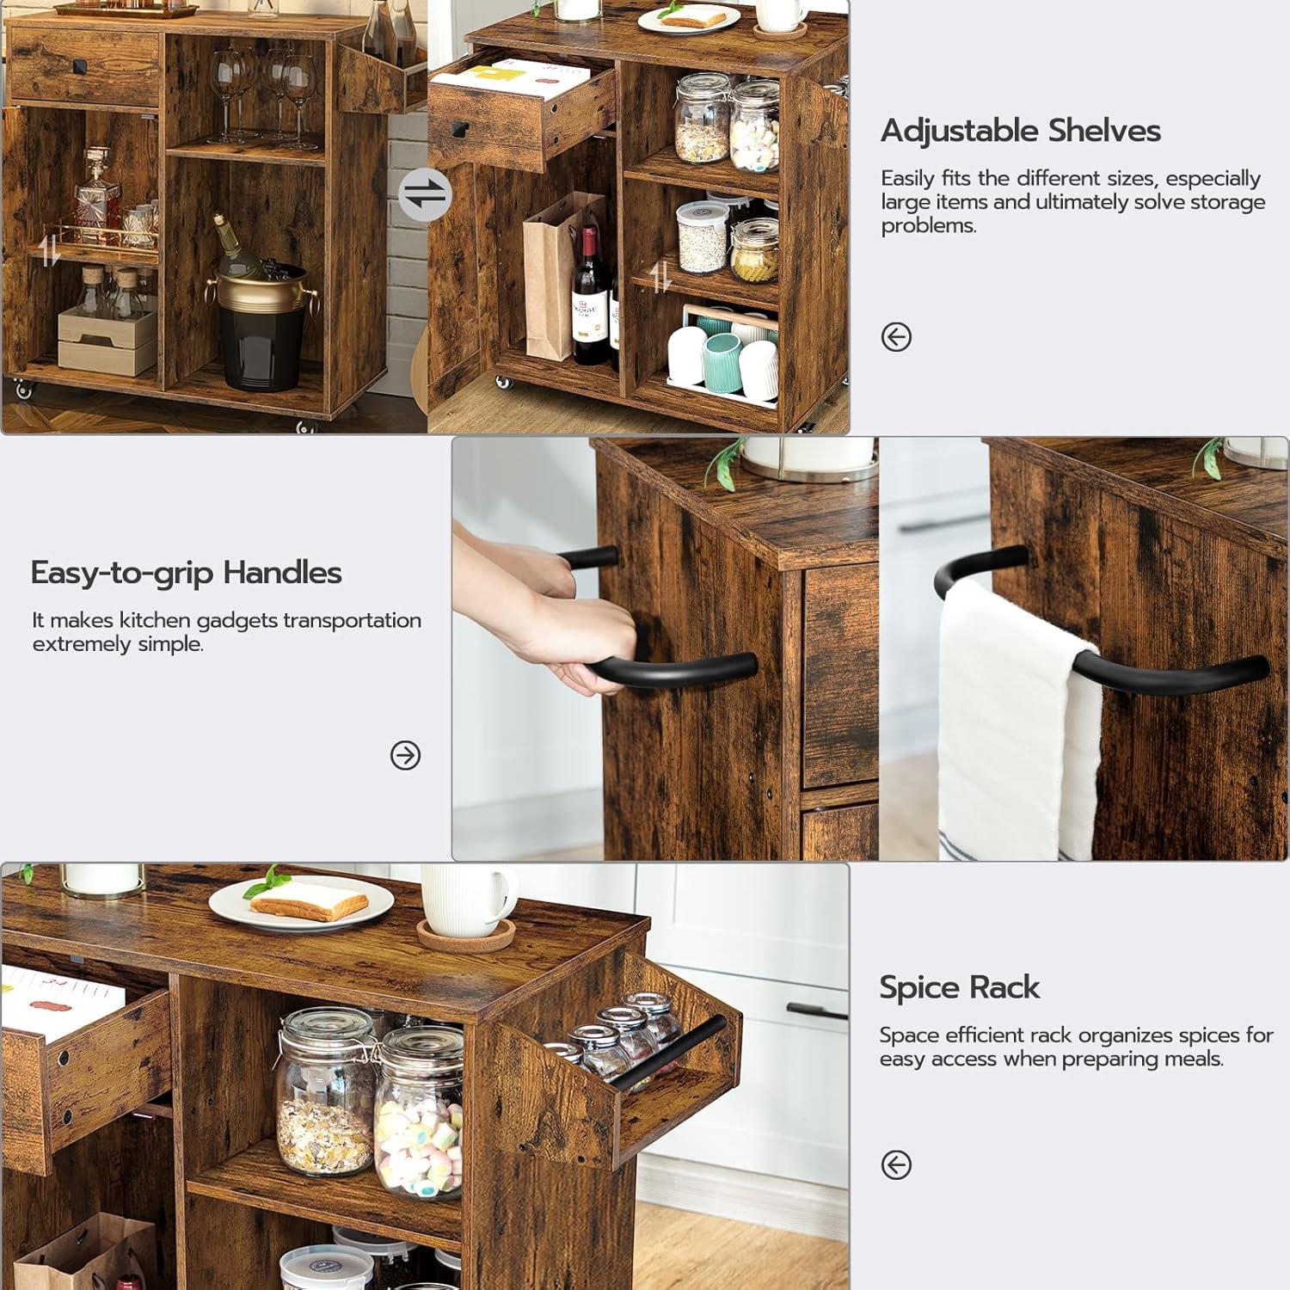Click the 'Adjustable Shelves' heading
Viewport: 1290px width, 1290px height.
[x=1021, y=131]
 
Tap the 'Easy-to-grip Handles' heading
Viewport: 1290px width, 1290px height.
[x=187, y=573]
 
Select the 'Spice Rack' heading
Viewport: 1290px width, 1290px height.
[x=960, y=987]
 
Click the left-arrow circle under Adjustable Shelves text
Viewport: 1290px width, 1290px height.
[x=896, y=337]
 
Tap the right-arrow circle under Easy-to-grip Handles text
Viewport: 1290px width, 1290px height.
[x=405, y=755]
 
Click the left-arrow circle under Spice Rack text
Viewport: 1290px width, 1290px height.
[x=896, y=1165]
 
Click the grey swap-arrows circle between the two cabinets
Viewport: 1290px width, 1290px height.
[x=425, y=194]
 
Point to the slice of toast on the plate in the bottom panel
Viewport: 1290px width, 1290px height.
[x=309, y=900]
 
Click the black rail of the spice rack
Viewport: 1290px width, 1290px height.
[x=670, y=1054]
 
